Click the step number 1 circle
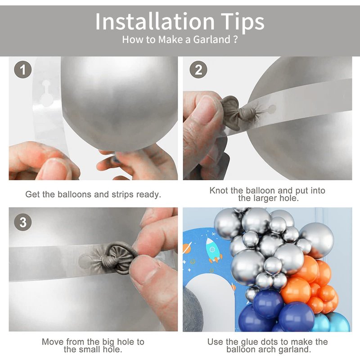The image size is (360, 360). [23, 70]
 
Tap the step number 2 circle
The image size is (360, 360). [198, 70]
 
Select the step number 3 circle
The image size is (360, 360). [23, 222]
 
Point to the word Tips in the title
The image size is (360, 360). [243, 22]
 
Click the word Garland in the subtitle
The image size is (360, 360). [211, 40]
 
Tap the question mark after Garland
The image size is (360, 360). [235, 40]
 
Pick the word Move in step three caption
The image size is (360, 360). [53, 342]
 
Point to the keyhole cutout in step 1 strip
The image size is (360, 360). [46, 94]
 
